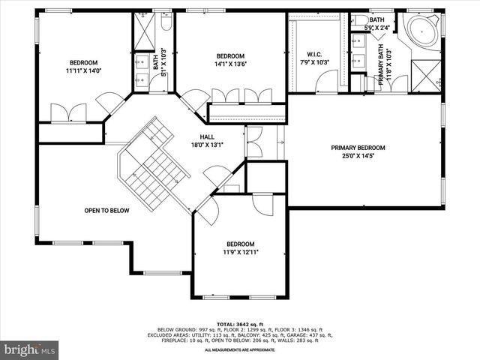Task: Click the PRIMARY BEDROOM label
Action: tap(364, 148)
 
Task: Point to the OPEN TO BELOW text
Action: tap(106, 211)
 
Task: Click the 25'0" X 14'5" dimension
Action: tap(364, 157)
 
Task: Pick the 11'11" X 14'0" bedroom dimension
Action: tap(84, 71)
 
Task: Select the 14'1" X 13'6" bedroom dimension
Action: tap(230, 64)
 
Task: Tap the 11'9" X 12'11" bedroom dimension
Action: tap(241, 253)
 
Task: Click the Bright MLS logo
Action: tap(30, 349)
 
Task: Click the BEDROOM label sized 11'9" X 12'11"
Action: tap(241, 244)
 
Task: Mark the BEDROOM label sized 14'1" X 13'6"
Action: tap(230, 56)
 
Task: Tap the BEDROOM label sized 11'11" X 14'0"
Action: tap(84, 62)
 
